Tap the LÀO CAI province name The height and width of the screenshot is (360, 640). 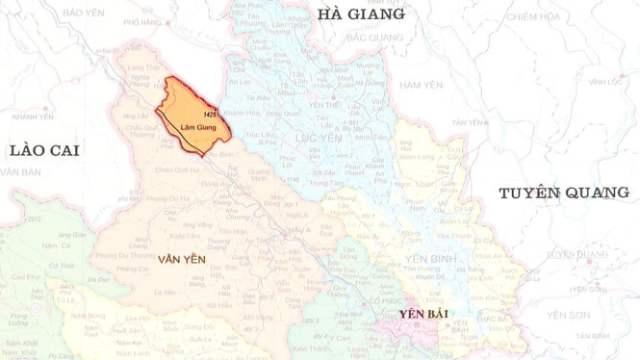tap(42, 149)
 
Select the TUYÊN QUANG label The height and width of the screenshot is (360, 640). tap(563, 193)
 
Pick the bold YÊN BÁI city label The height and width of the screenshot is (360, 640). tap(426, 314)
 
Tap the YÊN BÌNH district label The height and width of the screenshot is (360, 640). tap(429, 259)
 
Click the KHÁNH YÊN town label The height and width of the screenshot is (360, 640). tap(34, 116)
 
